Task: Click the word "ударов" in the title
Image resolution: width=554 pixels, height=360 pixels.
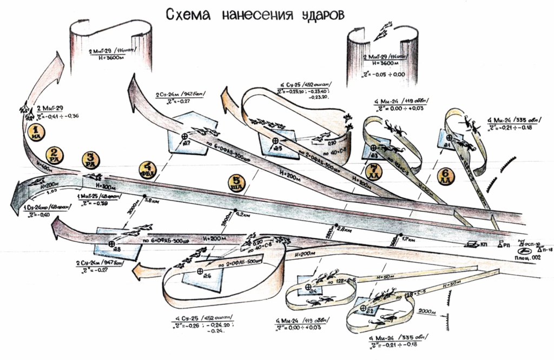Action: point(322,16)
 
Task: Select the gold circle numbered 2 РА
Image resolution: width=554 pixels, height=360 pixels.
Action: point(54,155)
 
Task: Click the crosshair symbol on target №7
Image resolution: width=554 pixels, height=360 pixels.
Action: point(186,136)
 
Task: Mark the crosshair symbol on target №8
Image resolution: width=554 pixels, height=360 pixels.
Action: point(111,244)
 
